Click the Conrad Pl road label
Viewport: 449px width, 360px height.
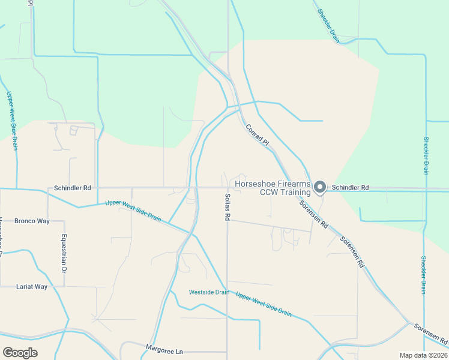click(256, 135)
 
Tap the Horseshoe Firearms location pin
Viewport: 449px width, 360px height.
click(320, 187)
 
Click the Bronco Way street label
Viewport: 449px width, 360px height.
click(32, 221)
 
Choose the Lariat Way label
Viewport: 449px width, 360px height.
click(31, 287)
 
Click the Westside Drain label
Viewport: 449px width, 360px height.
click(209, 292)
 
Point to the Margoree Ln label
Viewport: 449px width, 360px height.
click(164, 347)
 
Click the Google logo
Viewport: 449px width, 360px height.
click(20, 353)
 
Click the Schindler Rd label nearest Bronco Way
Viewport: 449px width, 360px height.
click(72, 188)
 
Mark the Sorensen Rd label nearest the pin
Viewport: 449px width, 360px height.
click(314, 214)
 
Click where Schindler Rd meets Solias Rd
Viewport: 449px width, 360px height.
click(228, 187)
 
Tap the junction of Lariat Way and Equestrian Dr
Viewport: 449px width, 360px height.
click(64, 287)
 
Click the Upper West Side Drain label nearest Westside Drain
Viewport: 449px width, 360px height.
click(264, 305)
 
